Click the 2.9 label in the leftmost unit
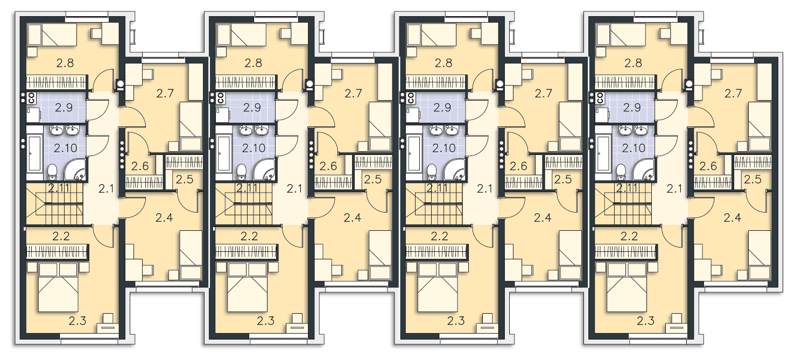coord(64,107)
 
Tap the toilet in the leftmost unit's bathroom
coord(53,172)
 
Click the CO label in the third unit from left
coord(411,98)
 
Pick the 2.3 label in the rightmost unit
coord(645,321)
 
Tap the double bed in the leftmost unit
coord(58,287)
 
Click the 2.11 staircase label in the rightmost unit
coord(627,188)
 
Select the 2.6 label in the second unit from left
coord(328,166)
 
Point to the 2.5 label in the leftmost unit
coord(185,179)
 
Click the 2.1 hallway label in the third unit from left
coord(484,189)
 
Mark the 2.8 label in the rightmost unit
coord(633,63)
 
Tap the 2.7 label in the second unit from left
coord(353,93)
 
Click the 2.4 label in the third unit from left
coord(543,217)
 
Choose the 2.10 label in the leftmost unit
coord(66,148)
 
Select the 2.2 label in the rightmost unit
coord(629,236)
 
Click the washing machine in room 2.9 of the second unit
coord(223,115)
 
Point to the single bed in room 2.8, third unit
coord(432,35)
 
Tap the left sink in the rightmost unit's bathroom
coord(624,130)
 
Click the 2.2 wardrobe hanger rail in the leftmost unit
coord(57,252)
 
